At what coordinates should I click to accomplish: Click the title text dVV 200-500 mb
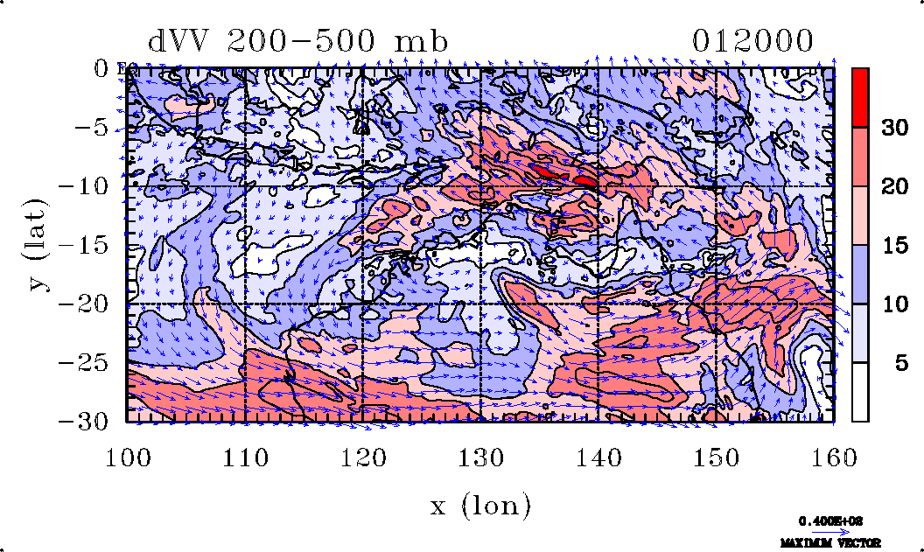[x=298, y=41]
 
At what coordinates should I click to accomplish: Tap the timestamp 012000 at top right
[x=753, y=41]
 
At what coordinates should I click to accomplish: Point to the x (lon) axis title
[x=480, y=506]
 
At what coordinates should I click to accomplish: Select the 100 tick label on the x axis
[x=128, y=458]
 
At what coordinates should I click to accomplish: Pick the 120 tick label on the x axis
[x=363, y=458]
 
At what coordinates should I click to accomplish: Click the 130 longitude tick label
[x=480, y=458]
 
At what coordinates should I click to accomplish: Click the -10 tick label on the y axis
[x=85, y=186]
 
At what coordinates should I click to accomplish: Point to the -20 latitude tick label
[x=85, y=304]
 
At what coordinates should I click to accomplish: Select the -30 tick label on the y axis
[x=85, y=422]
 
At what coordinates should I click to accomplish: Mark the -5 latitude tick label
[x=93, y=128]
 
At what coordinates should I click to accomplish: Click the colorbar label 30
[x=893, y=128]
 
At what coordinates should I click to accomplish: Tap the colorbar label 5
[x=900, y=363]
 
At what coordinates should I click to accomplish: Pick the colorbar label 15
[x=893, y=246]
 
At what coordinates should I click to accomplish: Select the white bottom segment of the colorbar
[x=860, y=392]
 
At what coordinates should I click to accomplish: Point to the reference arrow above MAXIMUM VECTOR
[x=826, y=529]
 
